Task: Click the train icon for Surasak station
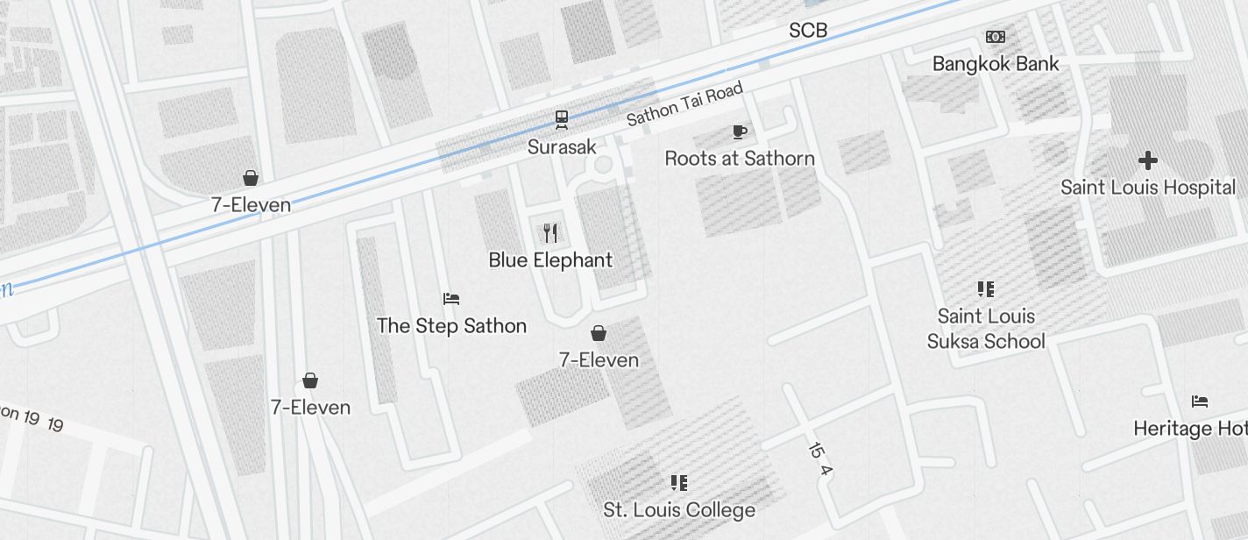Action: [561, 118]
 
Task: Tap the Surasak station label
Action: [562, 146]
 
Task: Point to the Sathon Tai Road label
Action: [684, 104]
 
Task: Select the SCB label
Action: [808, 32]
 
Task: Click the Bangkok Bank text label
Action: [996, 64]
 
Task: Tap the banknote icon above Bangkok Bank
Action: [996, 37]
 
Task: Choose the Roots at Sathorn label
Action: [740, 159]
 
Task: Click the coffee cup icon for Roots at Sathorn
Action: [740, 132]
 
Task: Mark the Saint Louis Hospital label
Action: [1148, 188]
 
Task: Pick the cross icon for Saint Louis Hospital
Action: [1147, 160]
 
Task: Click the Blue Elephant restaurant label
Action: [550, 260]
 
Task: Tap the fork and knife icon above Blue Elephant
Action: [550, 232]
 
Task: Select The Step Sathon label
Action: [451, 326]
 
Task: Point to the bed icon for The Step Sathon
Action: [451, 299]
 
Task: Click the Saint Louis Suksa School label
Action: [986, 329]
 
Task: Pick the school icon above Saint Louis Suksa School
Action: [986, 289]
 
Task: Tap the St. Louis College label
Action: [679, 510]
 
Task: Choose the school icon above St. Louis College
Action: [679, 482]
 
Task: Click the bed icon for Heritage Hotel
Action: [1200, 401]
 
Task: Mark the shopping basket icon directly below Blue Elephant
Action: [599, 333]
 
